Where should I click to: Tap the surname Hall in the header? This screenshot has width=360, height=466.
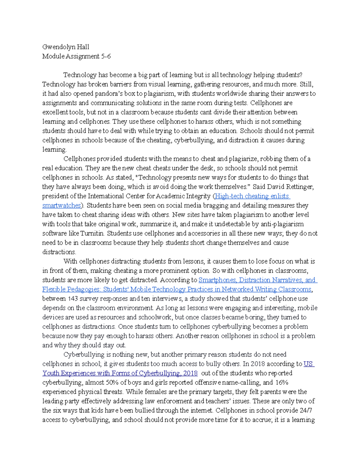[x=83, y=47]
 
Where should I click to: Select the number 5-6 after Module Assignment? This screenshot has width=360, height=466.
[x=106, y=56]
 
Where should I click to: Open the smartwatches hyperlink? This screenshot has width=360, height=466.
[x=61, y=206]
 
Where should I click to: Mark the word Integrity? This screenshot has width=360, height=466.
[x=196, y=196]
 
